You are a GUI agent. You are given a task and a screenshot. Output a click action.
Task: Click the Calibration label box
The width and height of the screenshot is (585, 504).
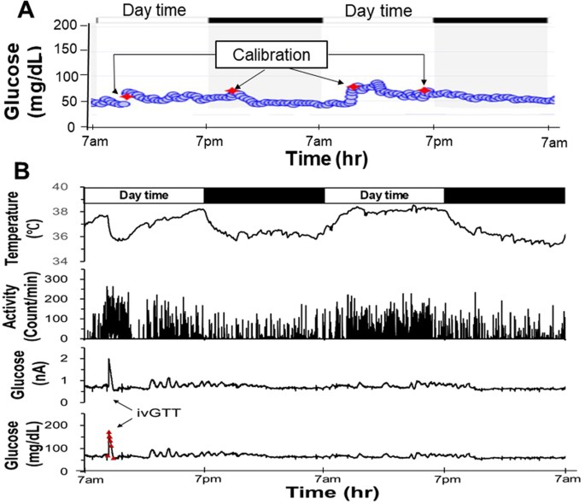pyautogui.click(x=271, y=55)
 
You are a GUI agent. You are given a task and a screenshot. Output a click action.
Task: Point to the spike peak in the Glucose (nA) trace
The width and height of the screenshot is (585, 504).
pyautogui.click(x=109, y=360)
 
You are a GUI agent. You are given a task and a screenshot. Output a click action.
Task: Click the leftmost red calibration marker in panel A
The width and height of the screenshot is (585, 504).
pyautogui.click(x=127, y=96)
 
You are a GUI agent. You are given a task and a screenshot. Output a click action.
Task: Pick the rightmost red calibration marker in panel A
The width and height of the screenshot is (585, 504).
pyautogui.click(x=424, y=90)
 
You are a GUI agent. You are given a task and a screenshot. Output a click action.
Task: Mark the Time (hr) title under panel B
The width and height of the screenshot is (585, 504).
pyautogui.click(x=328, y=493)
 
